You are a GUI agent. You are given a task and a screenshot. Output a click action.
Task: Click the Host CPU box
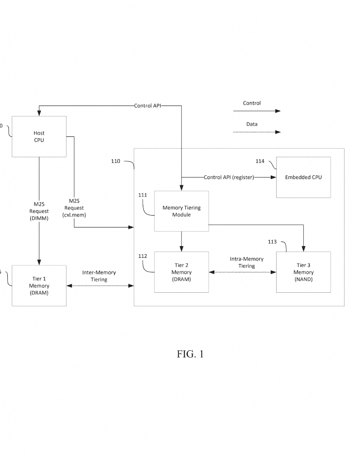[39, 136]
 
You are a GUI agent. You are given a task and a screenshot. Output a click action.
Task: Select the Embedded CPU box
[303, 177]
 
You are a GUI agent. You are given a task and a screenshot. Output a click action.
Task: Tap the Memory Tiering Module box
[181, 211]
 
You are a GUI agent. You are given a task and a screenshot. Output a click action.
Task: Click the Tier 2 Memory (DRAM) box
[181, 272]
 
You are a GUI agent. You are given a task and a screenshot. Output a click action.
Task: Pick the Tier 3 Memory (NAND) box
[303, 272]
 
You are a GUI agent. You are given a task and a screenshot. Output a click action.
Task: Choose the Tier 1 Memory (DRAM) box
[39, 286]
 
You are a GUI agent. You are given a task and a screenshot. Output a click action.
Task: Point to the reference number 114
[260, 161]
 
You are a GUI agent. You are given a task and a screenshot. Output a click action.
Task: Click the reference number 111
[143, 195]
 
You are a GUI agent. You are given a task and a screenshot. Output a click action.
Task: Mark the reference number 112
[143, 256]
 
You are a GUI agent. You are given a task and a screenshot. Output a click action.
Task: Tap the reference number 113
[272, 242]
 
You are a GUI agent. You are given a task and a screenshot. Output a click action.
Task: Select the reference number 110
[116, 160]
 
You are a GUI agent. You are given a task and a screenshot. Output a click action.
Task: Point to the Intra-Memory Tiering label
[246, 262]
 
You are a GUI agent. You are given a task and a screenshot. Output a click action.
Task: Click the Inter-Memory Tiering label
[99, 276]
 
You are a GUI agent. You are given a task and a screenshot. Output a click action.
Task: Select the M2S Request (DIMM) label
[39, 211]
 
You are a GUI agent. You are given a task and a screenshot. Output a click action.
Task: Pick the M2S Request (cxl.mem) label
[77, 208]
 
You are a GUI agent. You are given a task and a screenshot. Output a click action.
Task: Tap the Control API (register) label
[229, 177]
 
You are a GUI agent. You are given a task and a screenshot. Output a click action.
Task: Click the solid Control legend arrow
[257, 111]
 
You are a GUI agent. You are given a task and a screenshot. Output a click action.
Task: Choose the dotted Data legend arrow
[257, 132]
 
